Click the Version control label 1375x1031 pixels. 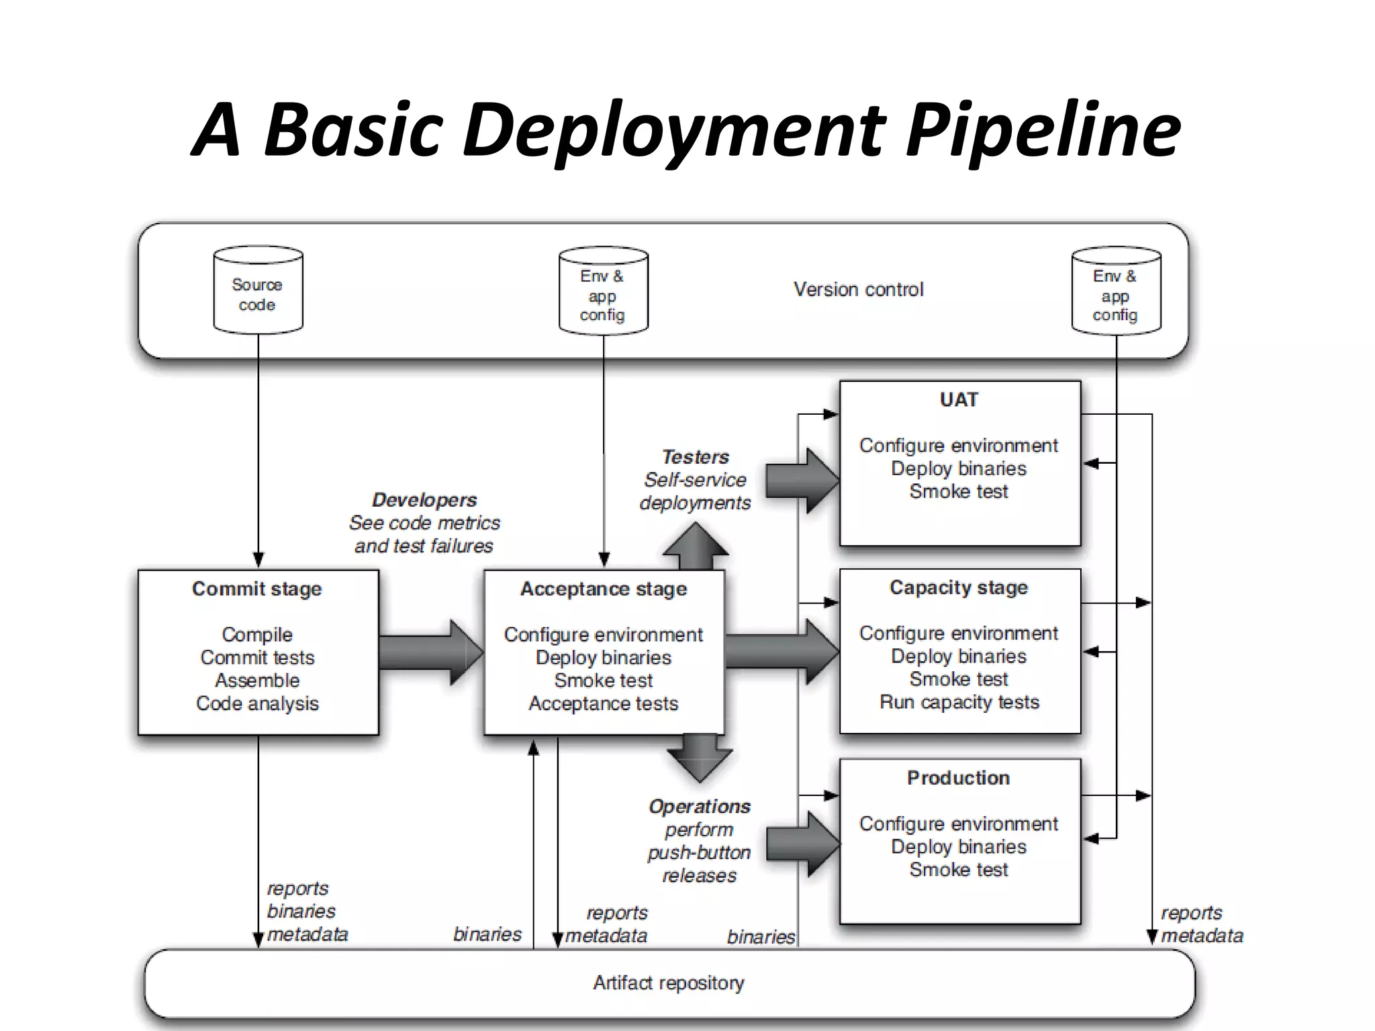(x=858, y=289)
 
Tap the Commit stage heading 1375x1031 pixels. (x=257, y=589)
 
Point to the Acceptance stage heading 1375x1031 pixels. (x=604, y=589)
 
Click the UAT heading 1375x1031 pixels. (x=959, y=400)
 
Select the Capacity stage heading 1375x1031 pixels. (x=959, y=587)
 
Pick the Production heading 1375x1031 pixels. (x=959, y=777)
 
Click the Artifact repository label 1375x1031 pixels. (x=669, y=983)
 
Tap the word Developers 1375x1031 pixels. (x=424, y=499)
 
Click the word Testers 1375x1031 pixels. (x=696, y=457)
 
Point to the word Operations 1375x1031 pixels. (x=700, y=806)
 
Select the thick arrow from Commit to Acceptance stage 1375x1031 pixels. (x=430, y=652)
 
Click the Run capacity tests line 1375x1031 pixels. (x=959, y=702)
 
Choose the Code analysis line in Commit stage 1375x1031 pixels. (x=257, y=703)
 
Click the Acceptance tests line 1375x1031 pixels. (x=604, y=703)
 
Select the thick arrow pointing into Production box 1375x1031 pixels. (x=802, y=844)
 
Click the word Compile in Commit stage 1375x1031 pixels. (x=257, y=634)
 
